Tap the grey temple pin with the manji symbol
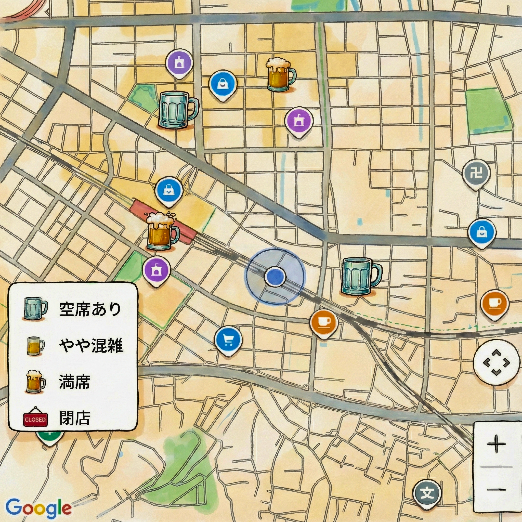pos(476,173)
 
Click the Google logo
pos(39,508)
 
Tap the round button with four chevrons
pos(496,363)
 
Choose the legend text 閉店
pos(75,419)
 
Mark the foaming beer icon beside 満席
pos(35,382)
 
